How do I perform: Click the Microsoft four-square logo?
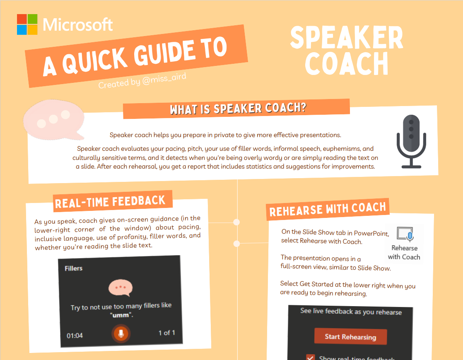click(27, 24)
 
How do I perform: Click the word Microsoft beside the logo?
click(77, 25)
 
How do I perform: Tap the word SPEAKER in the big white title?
click(346, 39)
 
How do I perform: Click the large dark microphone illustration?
click(411, 141)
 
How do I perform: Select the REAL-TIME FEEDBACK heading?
click(110, 202)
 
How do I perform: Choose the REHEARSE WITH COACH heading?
click(328, 208)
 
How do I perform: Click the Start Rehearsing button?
click(350, 336)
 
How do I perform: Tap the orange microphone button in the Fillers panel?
click(121, 333)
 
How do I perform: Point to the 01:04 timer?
click(75, 335)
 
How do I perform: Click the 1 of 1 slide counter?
click(167, 333)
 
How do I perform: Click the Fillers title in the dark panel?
click(73, 268)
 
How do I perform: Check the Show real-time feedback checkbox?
click(310, 357)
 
